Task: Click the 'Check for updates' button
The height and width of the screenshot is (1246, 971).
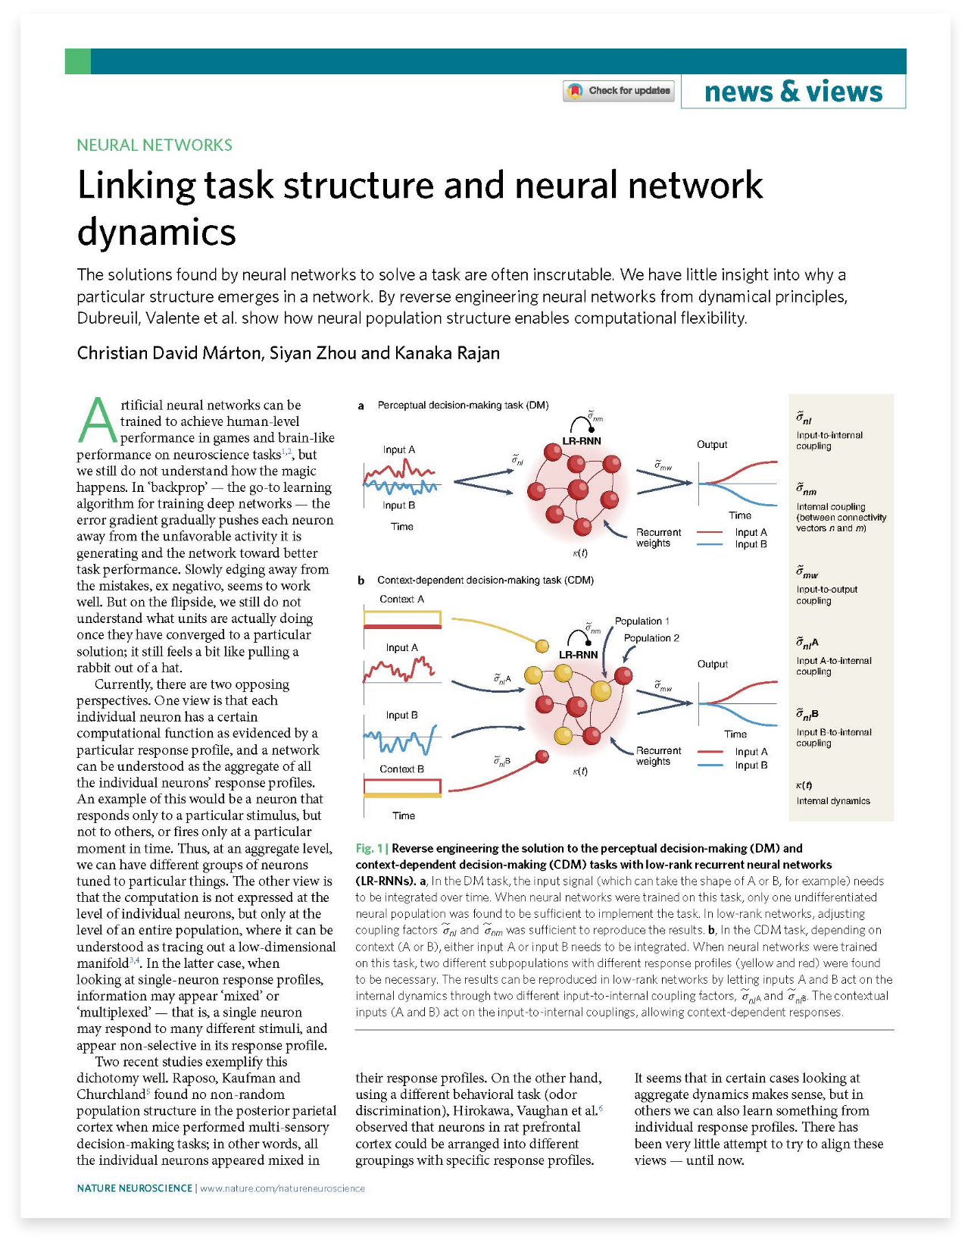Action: coord(619,91)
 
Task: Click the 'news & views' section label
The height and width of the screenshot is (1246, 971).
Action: coord(793,92)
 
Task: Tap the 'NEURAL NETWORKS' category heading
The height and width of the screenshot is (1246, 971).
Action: coord(155,145)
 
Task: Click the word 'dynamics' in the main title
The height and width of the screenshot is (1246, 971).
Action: coord(157,232)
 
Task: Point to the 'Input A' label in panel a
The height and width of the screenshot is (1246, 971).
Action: coord(399,449)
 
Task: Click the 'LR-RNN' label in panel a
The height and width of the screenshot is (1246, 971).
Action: coord(581,440)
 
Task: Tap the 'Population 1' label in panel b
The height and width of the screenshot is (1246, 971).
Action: coord(642,621)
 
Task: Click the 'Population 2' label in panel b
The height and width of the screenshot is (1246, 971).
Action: coord(651,637)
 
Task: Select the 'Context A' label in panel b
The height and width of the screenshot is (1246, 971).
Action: coord(401,599)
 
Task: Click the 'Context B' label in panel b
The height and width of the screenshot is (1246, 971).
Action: coord(401,769)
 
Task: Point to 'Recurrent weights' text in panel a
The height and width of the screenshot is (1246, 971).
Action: coord(658,537)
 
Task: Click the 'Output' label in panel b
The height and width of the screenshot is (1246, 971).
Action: coord(712,664)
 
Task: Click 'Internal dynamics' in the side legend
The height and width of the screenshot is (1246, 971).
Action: coord(832,800)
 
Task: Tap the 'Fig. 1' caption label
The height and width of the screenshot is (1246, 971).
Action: coord(369,848)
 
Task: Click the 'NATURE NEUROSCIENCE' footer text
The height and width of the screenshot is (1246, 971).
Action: coord(134,1188)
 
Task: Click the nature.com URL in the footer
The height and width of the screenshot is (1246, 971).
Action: coord(282,1188)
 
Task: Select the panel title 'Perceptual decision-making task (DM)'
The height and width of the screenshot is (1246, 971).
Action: coord(463,405)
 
